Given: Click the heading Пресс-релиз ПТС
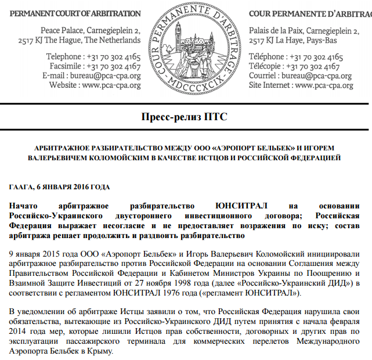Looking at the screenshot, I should click(x=185, y=117).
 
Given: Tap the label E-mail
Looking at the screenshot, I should click(x=56, y=75).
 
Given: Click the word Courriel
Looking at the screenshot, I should click(x=265, y=75).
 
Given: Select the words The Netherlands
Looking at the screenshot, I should click(x=113, y=40).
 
